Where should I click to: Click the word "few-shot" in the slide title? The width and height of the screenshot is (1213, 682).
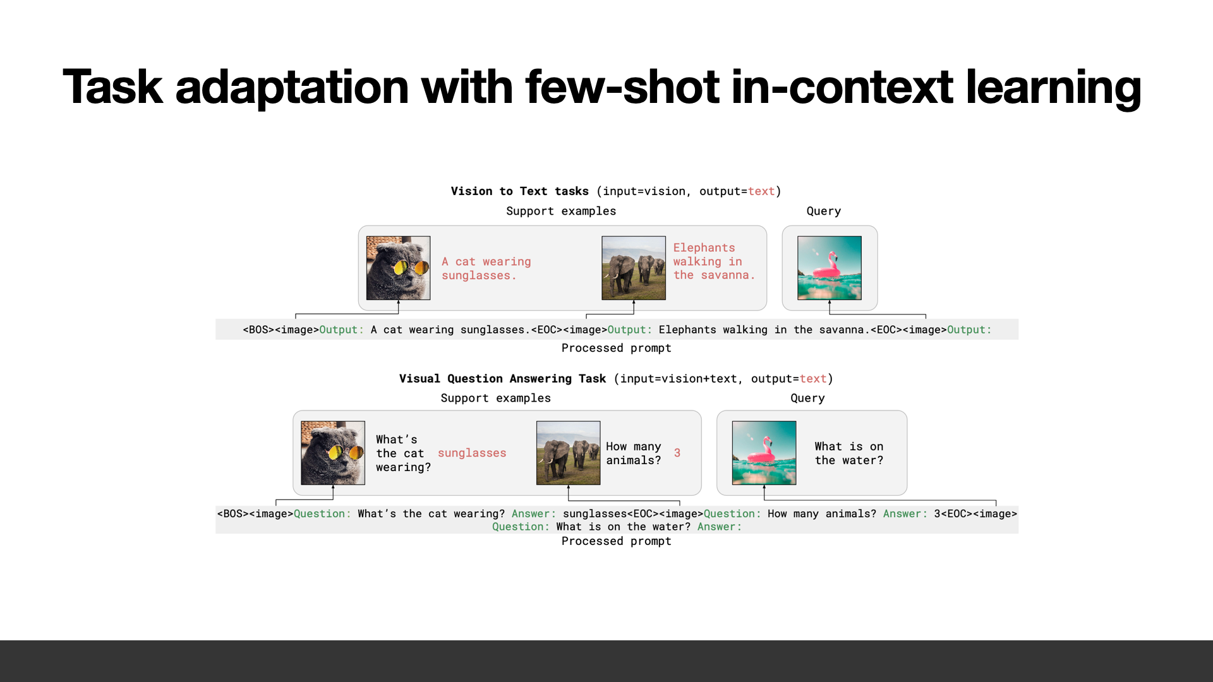[622, 87]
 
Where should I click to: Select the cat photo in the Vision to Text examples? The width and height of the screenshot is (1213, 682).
[398, 268]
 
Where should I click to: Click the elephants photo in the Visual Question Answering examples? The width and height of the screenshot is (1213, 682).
[568, 453]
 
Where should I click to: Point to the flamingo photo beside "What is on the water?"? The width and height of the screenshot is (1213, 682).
[764, 453]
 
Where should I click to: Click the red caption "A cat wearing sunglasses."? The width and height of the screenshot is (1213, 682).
[486, 268]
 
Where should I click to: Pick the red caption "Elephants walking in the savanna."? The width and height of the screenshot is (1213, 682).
[714, 261]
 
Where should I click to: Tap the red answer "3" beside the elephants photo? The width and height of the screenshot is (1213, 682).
[677, 453]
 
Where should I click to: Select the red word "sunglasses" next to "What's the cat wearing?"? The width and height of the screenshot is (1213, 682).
[472, 453]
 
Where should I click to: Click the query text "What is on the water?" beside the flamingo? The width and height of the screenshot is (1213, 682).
[849, 453]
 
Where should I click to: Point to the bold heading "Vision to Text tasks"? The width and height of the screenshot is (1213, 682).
[519, 191]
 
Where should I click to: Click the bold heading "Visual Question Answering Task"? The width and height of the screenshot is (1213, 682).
[502, 379]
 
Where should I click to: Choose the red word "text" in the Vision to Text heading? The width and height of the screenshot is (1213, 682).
[761, 191]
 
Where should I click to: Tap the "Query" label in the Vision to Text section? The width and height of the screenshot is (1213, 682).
[824, 211]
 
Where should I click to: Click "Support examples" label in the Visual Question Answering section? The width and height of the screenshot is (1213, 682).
[495, 398]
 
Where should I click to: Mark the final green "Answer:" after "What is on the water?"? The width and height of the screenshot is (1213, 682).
[720, 527]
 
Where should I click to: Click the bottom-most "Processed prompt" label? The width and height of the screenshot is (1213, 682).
[616, 541]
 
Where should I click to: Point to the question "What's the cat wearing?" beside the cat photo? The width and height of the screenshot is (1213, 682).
[403, 453]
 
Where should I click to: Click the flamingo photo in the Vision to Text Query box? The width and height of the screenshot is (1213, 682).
[830, 268]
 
